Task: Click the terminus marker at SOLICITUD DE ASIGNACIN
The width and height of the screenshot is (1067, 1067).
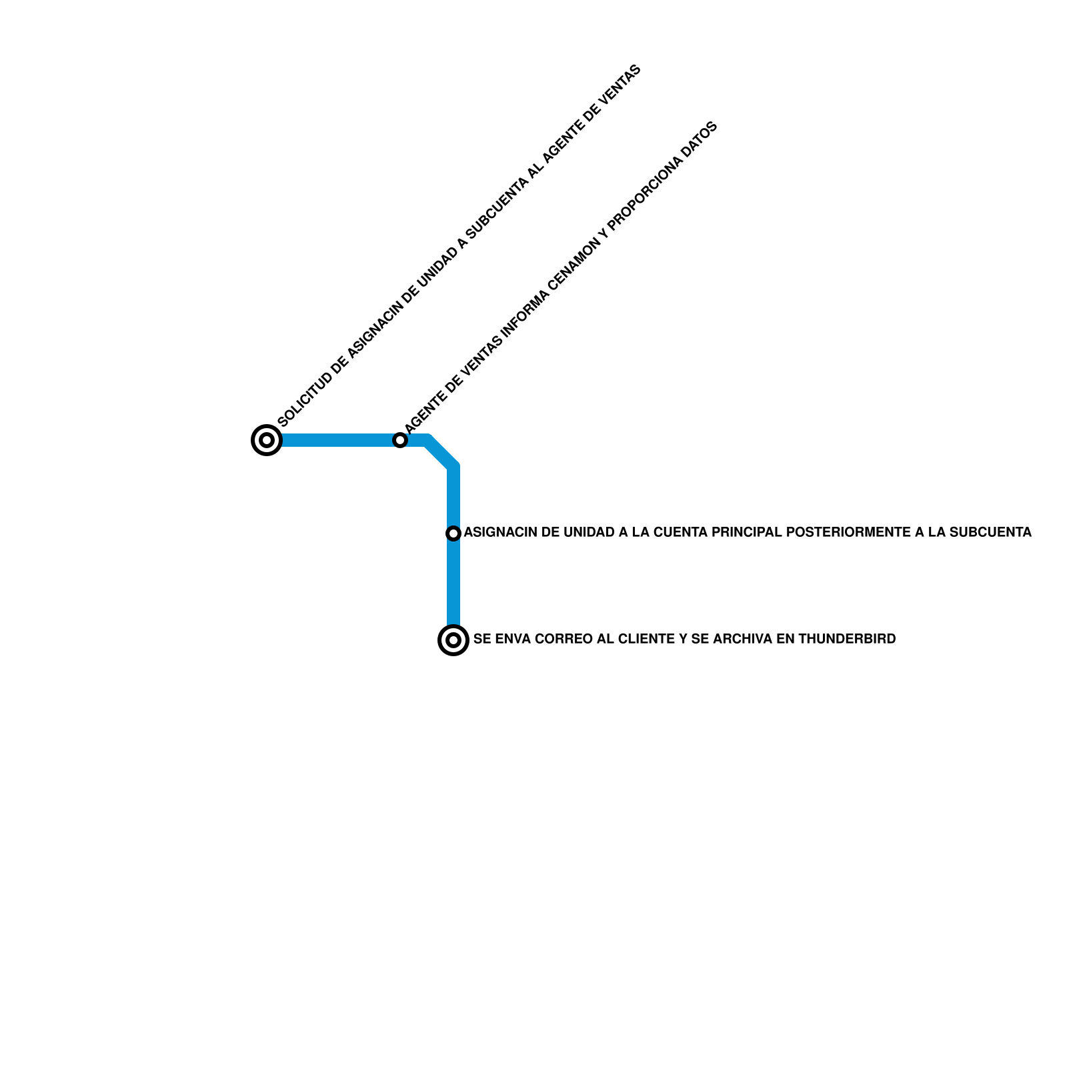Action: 267,440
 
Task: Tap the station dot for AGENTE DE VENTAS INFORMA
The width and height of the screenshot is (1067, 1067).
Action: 399,440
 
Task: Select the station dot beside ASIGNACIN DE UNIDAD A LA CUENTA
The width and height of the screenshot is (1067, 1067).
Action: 453,533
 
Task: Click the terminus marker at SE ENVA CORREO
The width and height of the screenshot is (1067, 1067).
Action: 453,640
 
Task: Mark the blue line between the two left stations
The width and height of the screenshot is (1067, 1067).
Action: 333,440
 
